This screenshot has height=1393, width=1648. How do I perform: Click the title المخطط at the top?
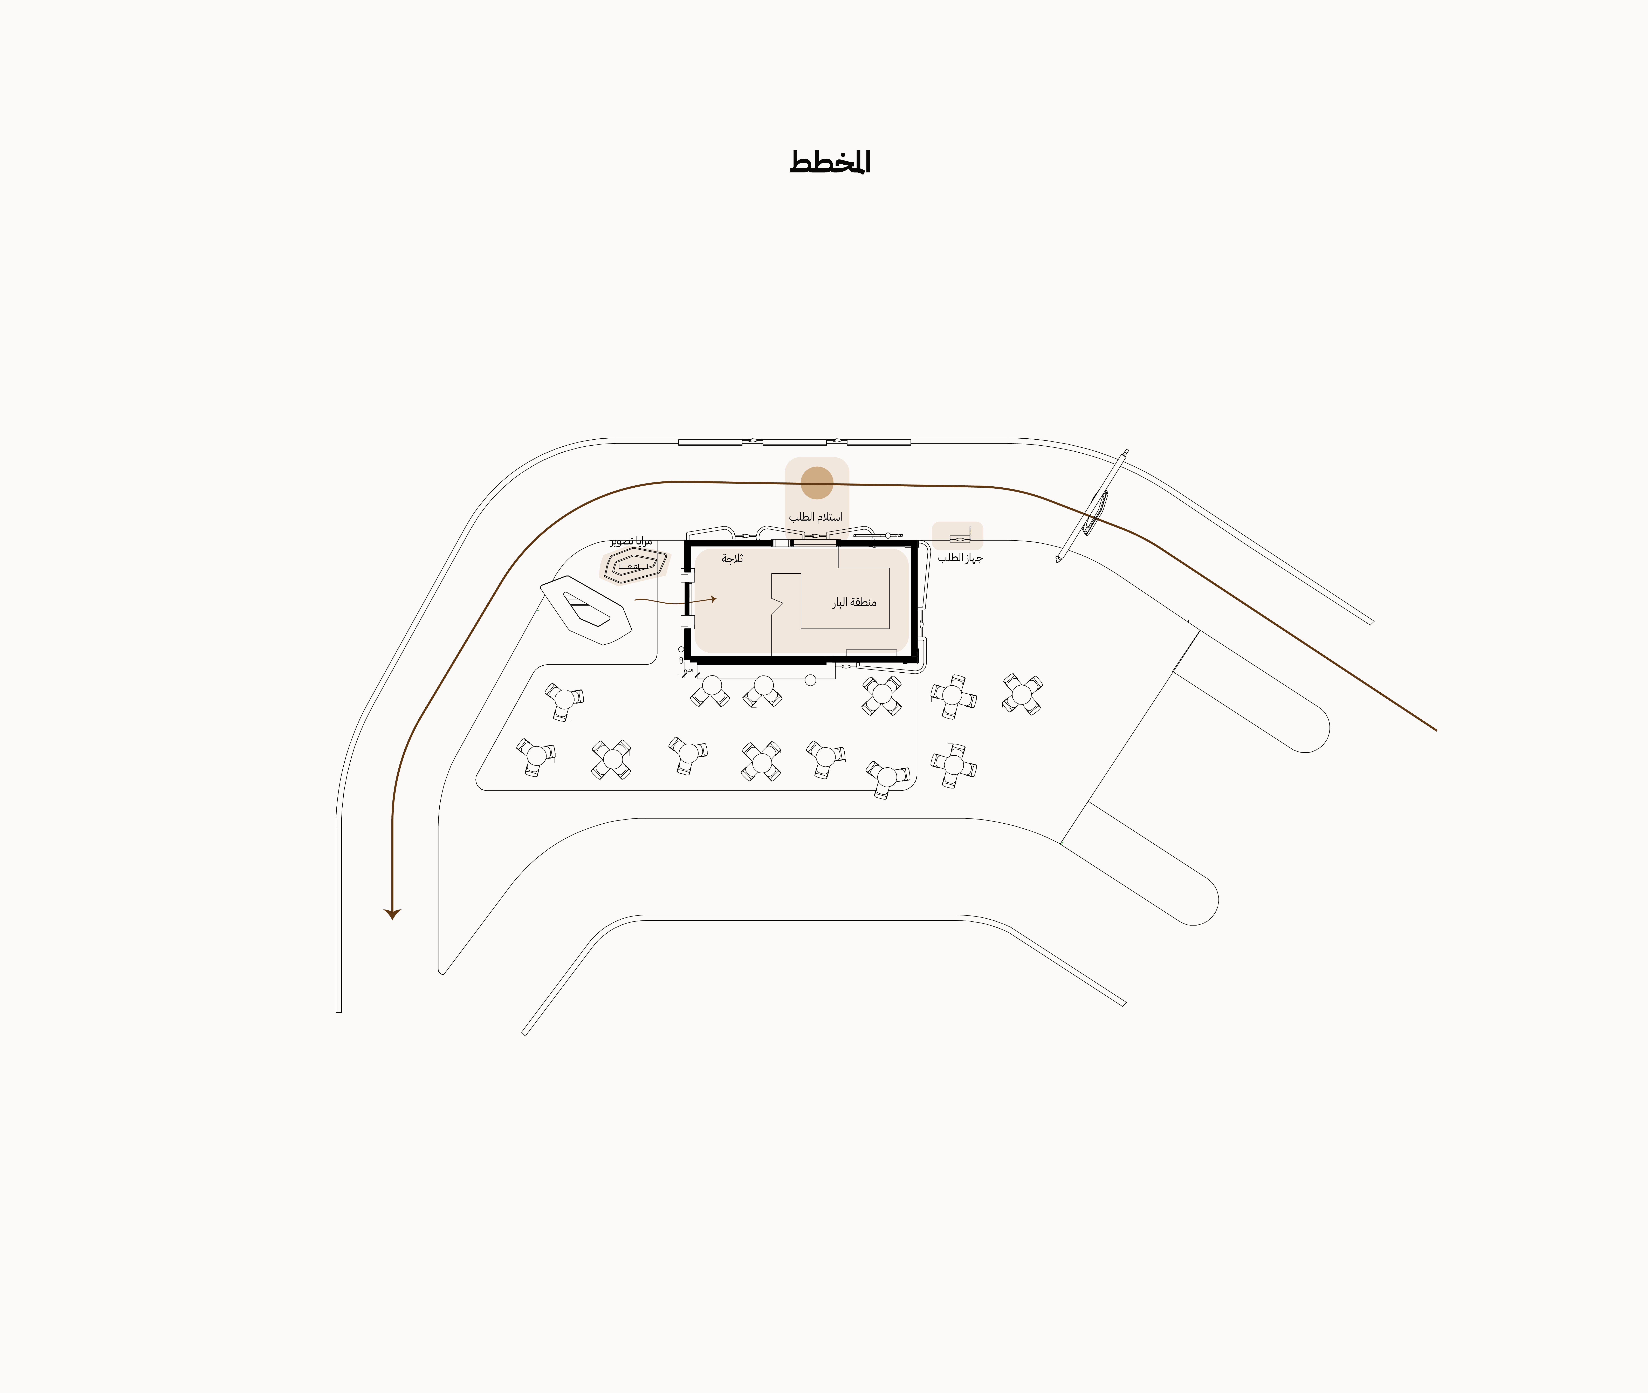pos(830,162)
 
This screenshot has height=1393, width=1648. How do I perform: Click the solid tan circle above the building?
pos(817,482)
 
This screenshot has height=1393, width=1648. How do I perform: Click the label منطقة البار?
pos(854,603)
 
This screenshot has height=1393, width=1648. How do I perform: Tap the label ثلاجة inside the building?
pos(732,559)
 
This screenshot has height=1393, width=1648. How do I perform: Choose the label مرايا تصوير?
pos(631,542)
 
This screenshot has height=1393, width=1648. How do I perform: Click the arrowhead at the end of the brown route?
pos(392,914)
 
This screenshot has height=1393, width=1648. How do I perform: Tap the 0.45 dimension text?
pos(689,670)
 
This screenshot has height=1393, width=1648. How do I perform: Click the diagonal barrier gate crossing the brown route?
pos(1092,505)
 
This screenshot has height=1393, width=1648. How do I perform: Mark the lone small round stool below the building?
pos(810,680)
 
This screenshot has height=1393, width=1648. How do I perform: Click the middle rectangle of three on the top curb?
pos(794,442)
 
